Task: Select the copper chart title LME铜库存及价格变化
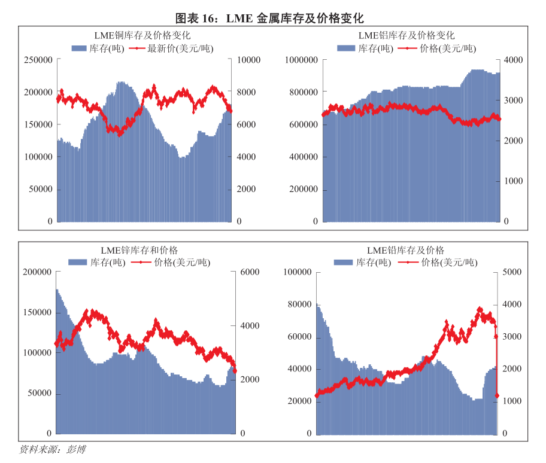click(x=142, y=36)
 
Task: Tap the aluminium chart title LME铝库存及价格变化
click(x=407, y=36)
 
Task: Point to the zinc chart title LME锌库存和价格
click(x=143, y=250)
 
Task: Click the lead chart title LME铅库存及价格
click(x=406, y=250)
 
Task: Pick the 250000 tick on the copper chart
click(x=38, y=60)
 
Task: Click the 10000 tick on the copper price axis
click(x=249, y=60)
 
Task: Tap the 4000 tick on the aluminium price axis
click(x=513, y=60)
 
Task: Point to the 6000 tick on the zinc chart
click(x=249, y=272)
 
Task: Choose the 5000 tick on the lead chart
click(x=513, y=272)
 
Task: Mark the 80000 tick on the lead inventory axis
click(x=301, y=304)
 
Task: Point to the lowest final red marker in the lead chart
click(x=497, y=395)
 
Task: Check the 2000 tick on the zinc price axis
click(x=249, y=380)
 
